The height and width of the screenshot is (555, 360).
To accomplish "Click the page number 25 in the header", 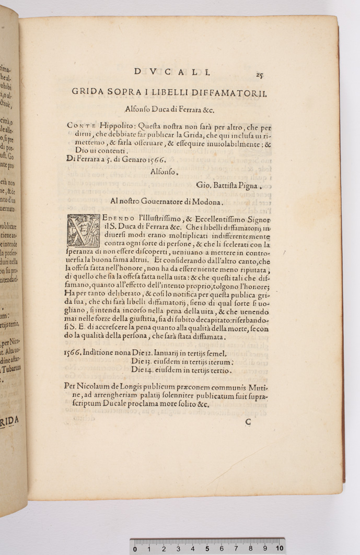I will click(x=260, y=75).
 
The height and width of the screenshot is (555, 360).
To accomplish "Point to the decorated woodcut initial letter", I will click(x=83, y=230).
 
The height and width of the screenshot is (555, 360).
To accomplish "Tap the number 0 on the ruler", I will click(x=135, y=549).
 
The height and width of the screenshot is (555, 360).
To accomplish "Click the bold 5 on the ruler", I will click(x=207, y=549).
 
